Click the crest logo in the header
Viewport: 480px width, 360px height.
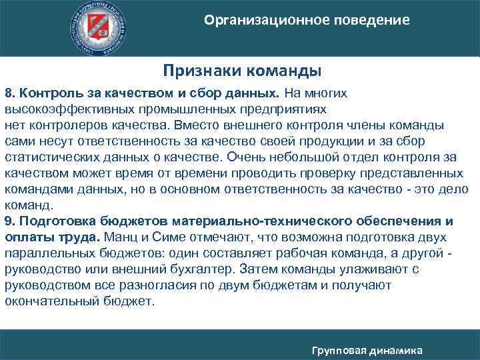tap(101, 28)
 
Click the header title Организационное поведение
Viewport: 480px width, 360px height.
tap(307, 20)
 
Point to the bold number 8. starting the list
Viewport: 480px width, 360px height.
tap(10, 92)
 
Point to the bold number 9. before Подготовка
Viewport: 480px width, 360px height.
tap(10, 221)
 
